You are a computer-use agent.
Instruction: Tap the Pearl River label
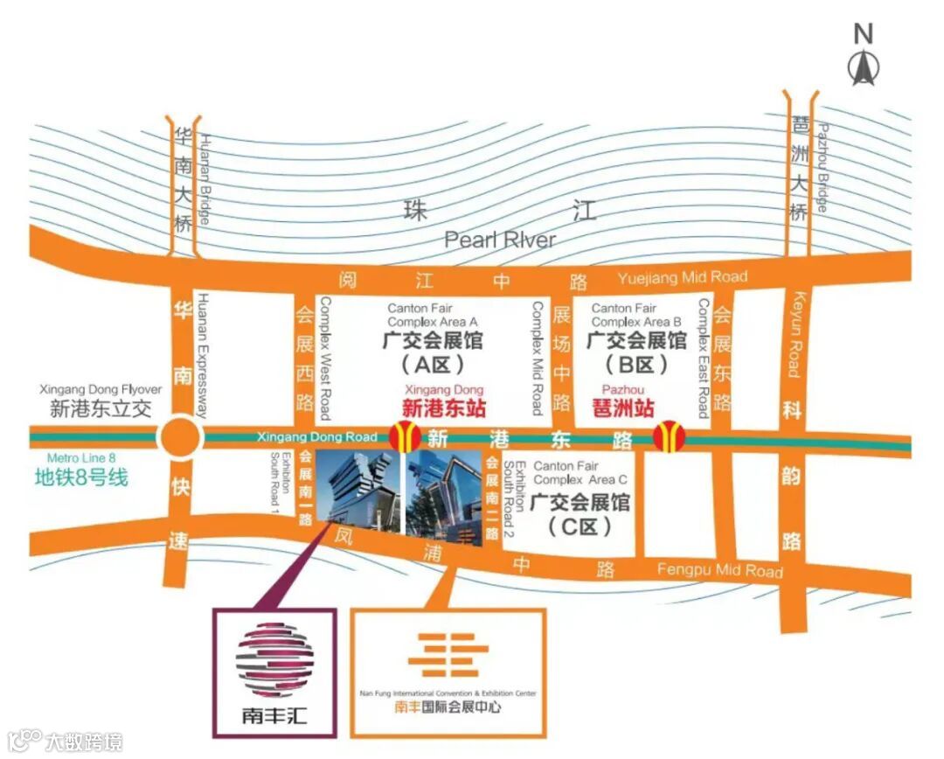(499, 239)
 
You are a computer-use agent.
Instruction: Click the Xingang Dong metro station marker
(404, 435)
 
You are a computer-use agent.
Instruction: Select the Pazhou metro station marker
(670, 435)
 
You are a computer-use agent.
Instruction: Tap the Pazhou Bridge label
(822, 168)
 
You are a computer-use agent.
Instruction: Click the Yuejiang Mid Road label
(682, 278)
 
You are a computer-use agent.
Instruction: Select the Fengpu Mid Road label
(719, 571)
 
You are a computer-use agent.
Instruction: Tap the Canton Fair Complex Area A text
(433, 315)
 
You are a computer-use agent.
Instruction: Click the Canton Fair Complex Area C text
(580, 473)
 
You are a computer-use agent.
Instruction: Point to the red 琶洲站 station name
(623, 408)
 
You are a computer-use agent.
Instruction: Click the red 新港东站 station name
(444, 407)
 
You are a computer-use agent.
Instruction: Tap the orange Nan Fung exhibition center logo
(448, 658)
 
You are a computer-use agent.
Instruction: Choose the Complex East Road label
(703, 359)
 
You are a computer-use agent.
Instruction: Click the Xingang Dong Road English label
(317, 436)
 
